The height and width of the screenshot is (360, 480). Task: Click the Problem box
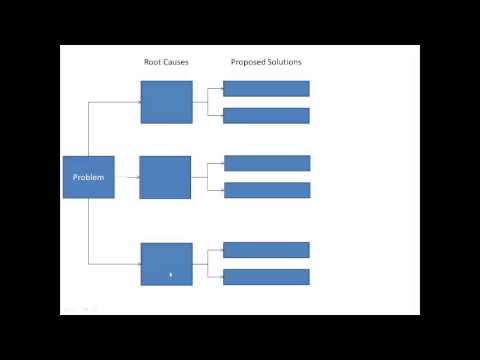click(x=88, y=177)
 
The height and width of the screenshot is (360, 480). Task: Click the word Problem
click(x=88, y=177)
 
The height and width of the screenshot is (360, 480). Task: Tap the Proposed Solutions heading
click(x=266, y=62)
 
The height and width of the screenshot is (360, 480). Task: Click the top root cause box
click(x=166, y=102)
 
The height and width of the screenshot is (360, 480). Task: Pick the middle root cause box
click(x=165, y=177)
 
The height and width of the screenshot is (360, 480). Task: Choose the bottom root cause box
click(x=166, y=264)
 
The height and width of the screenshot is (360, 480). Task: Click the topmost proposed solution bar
click(x=266, y=88)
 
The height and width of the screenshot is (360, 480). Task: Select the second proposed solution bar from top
click(x=266, y=115)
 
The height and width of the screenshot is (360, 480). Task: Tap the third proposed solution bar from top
click(x=267, y=163)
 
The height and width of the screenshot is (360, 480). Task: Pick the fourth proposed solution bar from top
click(x=267, y=190)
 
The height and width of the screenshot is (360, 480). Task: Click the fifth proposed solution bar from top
click(x=266, y=250)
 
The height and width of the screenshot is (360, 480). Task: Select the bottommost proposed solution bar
click(x=266, y=277)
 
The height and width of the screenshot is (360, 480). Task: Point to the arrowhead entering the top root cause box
click(x=138, y=102)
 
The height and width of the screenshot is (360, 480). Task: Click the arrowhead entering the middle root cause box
click(x=137, y=178)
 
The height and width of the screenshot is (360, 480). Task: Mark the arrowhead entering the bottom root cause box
click(x=138, y=264)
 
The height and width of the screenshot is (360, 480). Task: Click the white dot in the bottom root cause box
click(x=171, y=272)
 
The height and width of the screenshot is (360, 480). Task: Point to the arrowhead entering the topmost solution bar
click(x=220, y=88)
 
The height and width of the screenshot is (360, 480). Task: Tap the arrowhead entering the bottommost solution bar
click(x=220, y=277)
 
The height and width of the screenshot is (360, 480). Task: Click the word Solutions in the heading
click(x=283, y=62)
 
